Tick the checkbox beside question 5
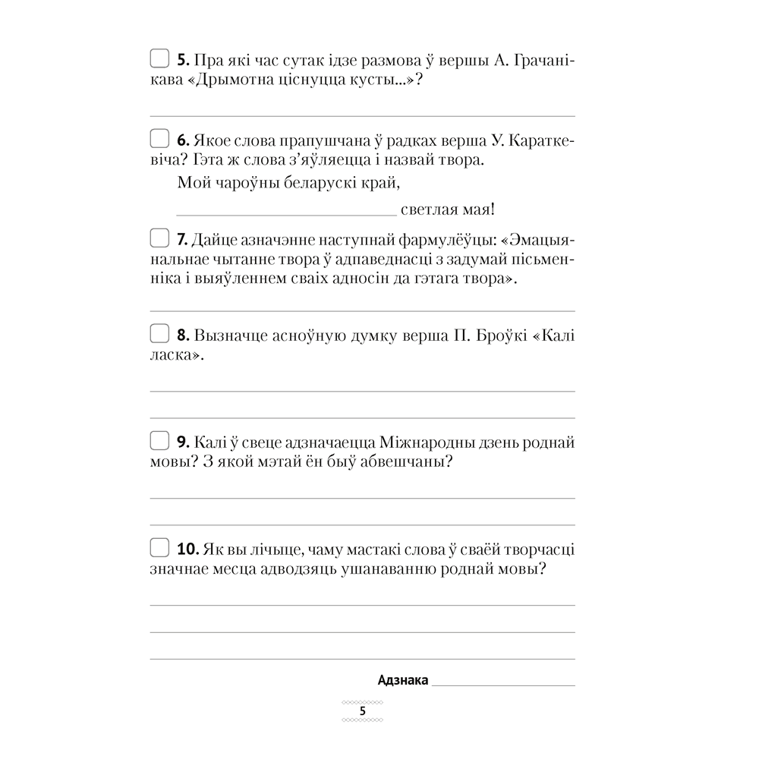[159, 58]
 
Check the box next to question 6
[159, 139]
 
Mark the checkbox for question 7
[159, 239]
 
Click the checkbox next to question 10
[159, 547]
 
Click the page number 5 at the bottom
[363, 711]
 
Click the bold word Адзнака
[402, 680]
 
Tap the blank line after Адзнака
[502, 683]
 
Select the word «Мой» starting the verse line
[192, 183]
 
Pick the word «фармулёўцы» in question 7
[440, 240]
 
